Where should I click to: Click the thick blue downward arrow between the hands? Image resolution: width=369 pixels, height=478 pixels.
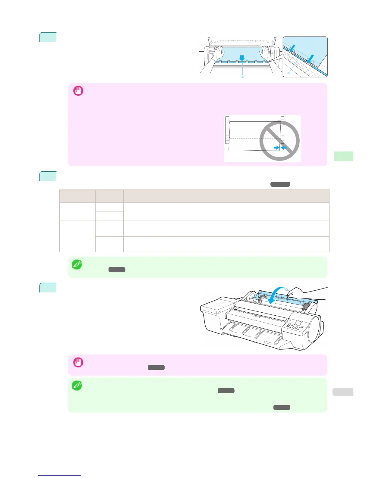(241, 58)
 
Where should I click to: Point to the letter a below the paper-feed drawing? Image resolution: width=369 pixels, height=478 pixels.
(242, 77)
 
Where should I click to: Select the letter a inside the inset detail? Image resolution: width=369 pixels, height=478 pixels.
(289, 73)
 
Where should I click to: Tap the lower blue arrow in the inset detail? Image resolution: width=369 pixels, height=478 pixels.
(310, 58)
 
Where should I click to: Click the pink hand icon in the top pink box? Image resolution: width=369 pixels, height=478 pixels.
(78, 91)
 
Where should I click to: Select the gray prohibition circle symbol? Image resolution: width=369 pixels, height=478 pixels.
(279, 141)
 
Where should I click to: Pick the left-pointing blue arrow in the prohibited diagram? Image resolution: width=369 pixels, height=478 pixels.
(284, 148)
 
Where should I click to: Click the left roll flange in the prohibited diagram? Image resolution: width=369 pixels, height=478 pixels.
(227, 130)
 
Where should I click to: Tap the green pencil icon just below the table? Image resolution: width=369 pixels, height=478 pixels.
(77, 264)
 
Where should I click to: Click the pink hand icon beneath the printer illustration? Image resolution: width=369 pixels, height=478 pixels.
(78, 362)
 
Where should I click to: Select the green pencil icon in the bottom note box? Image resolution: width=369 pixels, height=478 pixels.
(77, 386)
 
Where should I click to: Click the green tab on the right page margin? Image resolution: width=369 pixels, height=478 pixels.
(344, 156)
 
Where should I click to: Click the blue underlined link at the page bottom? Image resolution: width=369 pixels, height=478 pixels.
(60, 475)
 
